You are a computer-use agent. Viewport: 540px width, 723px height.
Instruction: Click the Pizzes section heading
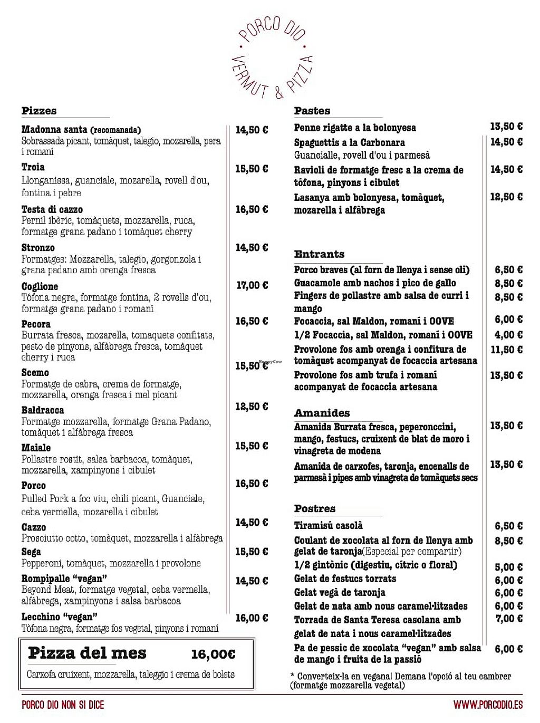(39, 111)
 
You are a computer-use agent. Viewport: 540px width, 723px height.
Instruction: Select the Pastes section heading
(312, 111)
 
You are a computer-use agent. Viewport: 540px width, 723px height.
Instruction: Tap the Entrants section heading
(319, 254)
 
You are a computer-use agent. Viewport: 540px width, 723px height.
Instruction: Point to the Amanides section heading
(322, 413)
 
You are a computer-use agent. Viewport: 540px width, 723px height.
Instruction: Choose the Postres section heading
(315, 508)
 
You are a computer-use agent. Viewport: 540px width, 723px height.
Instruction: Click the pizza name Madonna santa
(55, 130)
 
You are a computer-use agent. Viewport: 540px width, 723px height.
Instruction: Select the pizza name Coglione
(40, 286)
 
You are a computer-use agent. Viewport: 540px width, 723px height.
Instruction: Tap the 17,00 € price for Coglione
(252, 285)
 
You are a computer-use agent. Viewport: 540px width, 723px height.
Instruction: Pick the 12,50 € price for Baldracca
(252, 406)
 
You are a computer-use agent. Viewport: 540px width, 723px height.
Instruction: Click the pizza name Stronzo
(38, 247)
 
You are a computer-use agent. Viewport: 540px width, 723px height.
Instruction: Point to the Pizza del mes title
(87, 653)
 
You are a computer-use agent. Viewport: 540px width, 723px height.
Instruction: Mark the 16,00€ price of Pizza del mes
(213, 654)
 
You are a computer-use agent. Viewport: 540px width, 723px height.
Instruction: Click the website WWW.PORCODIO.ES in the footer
(488, 705)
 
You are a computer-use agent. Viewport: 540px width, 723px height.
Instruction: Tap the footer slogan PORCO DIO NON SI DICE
(63, 705)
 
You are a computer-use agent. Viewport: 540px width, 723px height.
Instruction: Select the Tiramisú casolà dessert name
(329, 525)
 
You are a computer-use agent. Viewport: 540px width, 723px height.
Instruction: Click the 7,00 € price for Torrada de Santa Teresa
(509, 619)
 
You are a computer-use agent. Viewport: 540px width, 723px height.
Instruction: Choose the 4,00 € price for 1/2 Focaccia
(508, 335)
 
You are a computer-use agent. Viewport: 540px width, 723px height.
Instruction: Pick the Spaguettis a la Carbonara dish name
(350, 142)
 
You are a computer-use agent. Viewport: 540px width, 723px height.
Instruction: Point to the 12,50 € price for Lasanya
(506, 197)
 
